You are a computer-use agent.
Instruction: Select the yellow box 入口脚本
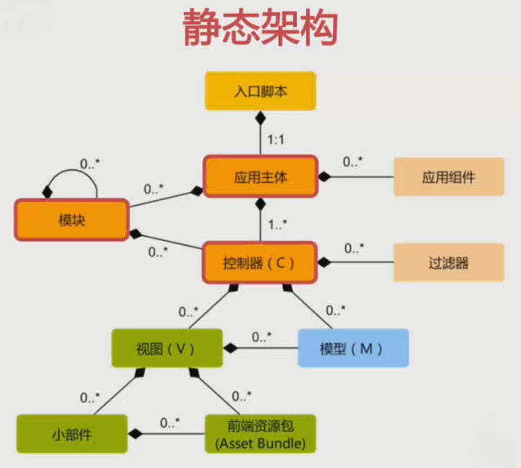(260, 91)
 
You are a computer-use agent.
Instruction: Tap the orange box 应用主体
(260, 176)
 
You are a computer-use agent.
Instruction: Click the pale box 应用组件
(448, 176)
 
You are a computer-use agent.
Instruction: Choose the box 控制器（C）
(260, 263)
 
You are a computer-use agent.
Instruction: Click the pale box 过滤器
(448, 263)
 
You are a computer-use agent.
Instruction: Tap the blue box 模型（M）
(352, 349)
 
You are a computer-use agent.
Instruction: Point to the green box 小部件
(72, 434)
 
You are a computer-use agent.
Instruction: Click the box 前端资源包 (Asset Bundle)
(260, 434)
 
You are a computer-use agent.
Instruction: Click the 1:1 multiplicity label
(277, 140)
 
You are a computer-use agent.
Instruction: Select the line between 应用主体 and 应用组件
(360, 176)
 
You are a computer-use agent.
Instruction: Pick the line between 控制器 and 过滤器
(360, 263)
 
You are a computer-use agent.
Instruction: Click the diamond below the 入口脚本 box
(260, 119)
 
